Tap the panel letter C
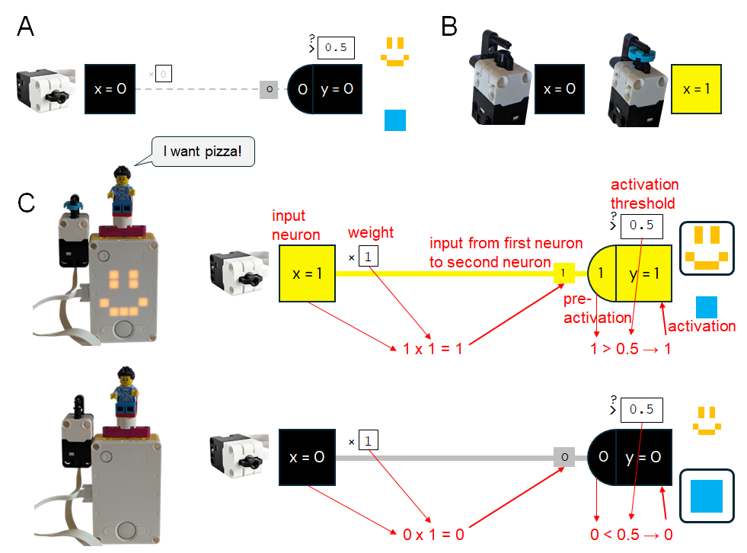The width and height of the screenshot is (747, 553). pos(26,203)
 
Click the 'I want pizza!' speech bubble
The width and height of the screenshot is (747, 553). pos(202,152)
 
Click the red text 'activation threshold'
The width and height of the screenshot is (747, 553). pos(644,193)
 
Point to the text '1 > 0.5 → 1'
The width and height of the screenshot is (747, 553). pos(631,349)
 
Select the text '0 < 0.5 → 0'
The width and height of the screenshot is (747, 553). pos(631,534)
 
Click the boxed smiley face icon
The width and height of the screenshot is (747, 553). pos(707,248)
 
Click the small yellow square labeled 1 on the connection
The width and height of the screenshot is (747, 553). pos(563,273)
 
